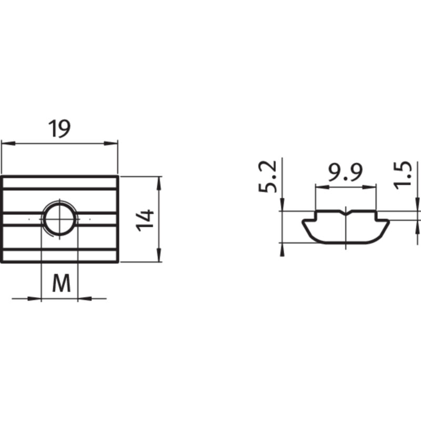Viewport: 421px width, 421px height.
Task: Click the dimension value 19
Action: click(x=59, y=129)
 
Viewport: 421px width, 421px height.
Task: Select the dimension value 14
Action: click(x=145, y=219)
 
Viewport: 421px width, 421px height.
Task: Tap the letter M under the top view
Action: click(x=61, y=285)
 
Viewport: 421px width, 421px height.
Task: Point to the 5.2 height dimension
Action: click(x=267, y=177)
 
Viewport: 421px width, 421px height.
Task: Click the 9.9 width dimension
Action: click(x=346, y=173)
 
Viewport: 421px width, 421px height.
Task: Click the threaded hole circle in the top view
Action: click(x=59, y=218)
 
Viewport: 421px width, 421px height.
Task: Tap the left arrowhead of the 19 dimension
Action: click(x=6, y=143)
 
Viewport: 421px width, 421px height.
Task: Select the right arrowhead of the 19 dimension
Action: click(x=112, y=143)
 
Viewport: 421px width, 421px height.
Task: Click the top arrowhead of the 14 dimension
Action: click(x=158, y=181)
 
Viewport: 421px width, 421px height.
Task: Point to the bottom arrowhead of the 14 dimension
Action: click(x=158, y=257)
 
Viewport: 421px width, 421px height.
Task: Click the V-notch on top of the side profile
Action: click(x=346, y=213)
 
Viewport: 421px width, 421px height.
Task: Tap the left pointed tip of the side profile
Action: click(x=303, y=222)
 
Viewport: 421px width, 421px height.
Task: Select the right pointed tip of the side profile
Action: click(x=389, y=222)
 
